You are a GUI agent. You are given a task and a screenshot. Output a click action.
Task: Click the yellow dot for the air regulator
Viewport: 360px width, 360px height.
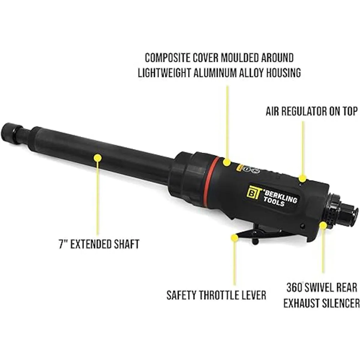302,178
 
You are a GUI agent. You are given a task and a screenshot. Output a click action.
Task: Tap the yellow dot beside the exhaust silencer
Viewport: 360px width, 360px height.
323,225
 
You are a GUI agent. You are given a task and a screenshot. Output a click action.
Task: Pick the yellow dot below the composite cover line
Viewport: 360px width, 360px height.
227,162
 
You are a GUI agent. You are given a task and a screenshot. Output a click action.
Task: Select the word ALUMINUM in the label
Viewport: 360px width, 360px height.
222,73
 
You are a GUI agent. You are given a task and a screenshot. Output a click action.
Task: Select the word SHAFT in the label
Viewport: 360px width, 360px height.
127,244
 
